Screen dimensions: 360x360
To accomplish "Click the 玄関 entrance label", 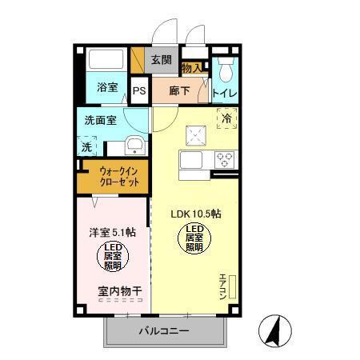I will point(161,59).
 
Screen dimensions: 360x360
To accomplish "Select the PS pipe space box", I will point(139,90).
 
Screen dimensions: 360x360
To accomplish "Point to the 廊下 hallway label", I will point(180,90).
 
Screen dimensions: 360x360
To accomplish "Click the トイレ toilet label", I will point(224,94).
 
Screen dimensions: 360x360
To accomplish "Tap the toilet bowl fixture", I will point(225,71).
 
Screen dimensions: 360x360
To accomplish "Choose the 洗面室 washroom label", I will point(102,121).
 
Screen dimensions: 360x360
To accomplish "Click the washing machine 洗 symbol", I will point(87,146).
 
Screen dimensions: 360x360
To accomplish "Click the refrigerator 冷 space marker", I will point(227,118).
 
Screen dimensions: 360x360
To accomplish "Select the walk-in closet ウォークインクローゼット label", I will point(119,176).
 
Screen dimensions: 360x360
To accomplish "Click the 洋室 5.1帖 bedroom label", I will point(112,232).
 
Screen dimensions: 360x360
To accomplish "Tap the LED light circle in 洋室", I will point(112,257).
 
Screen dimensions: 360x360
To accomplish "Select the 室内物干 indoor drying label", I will point(119,293).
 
